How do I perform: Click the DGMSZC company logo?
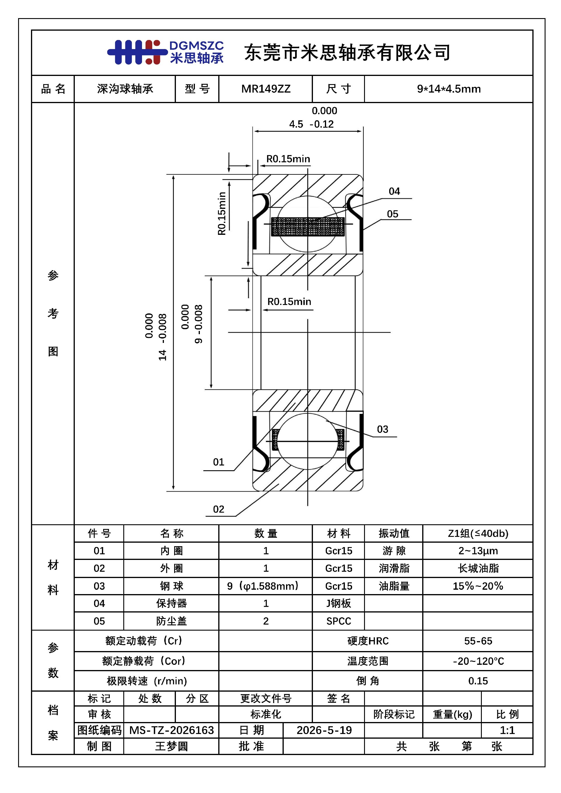165,52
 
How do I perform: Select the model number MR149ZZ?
266,89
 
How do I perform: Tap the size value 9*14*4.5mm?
449,89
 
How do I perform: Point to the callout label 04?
394,191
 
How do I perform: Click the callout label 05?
392,214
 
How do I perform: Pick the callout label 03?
382,429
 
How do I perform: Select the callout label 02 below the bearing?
218,509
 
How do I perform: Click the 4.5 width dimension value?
296,124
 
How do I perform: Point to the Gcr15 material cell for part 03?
339,586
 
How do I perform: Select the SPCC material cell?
339,621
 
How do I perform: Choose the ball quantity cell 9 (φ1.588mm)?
263,586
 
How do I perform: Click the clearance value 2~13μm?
478,551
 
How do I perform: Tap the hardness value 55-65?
478,641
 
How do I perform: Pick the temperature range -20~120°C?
478,661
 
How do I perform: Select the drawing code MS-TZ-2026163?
171,730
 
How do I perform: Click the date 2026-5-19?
324,730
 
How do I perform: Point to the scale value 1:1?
507,730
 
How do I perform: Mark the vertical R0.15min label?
221,214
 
